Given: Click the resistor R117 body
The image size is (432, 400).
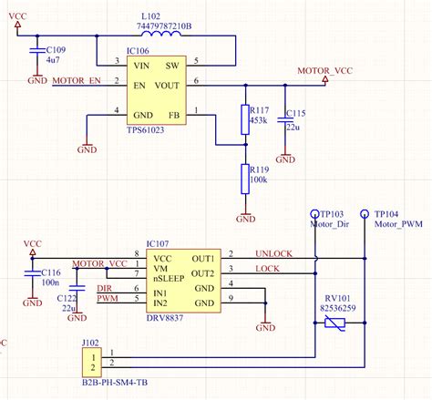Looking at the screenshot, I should pyautogui.click(x=244, y=118).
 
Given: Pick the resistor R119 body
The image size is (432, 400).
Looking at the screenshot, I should pyautogui.click(x=244, y=175).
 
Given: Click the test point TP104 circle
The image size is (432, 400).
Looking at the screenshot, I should pyautogui.click(x=365, y=212).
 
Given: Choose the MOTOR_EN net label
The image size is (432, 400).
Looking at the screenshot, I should pyautogui.click(x=77, y=82).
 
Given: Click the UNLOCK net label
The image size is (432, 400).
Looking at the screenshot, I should pyautogui.click(x=273, y=253).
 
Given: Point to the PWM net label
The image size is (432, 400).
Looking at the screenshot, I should pyautogui.click(x=108, y=298).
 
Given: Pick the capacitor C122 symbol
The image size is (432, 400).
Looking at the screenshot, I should pyautogui.click(x=77, y=296).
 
